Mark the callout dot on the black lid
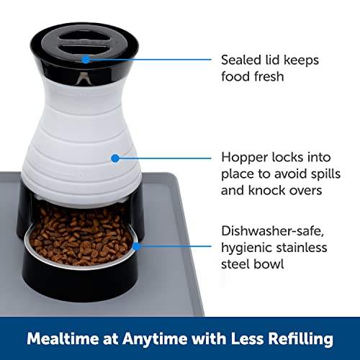pyautogui.click(x=86, y=59)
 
